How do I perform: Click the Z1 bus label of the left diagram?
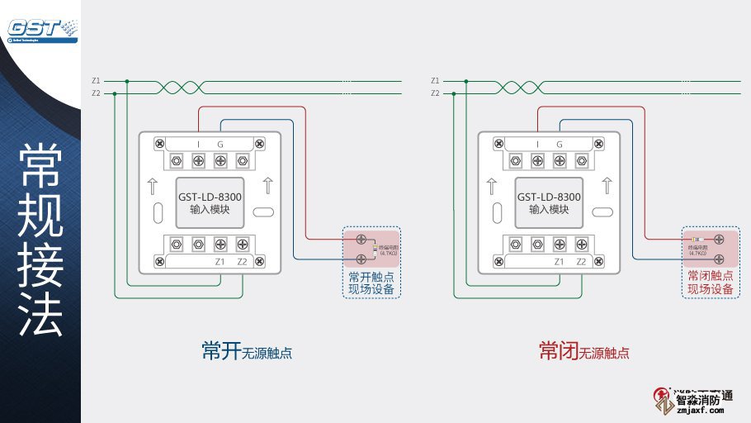(96, 81)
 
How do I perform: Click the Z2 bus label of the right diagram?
(435, 93)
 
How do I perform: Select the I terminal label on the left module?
(198, 145)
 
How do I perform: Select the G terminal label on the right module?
(560, 145)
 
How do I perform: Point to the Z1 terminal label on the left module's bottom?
(220, 262)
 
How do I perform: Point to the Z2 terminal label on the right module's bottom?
(582, 262)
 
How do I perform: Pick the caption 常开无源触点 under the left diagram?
(247, 352)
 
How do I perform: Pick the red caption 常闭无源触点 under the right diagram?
(584, 352)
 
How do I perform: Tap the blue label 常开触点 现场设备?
(371, 283)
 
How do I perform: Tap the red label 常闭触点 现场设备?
(711, 283)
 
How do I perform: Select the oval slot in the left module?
(263, 212)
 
